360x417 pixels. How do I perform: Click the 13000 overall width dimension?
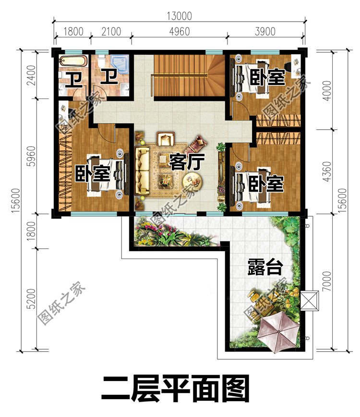click(179, 16)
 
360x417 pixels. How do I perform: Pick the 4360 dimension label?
click(327, 171)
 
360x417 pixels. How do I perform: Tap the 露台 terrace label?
click(264, 267)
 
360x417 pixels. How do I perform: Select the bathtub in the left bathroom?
click(73, 61)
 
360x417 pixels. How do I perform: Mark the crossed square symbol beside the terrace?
click(308, 301)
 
